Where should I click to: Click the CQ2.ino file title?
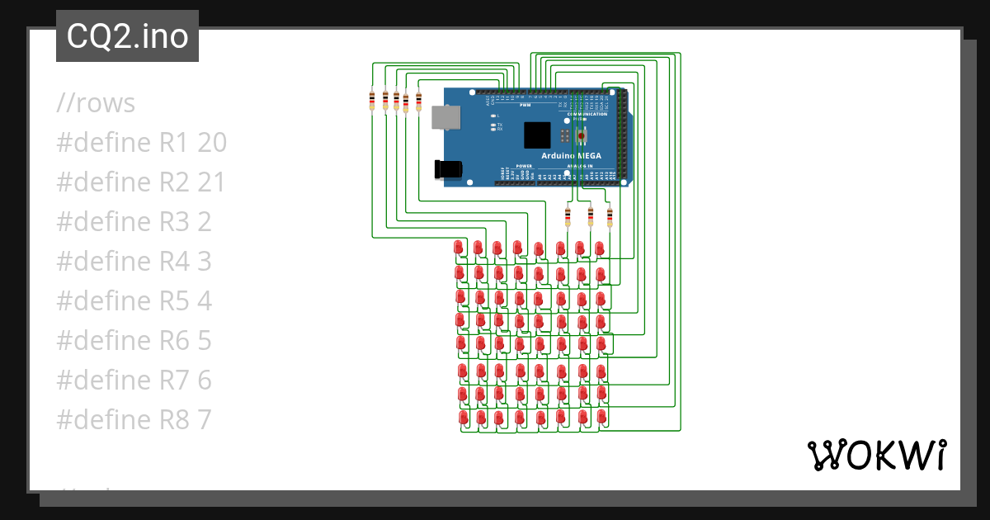[x=127, y=36]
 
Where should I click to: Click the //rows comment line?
[x=96, y=104]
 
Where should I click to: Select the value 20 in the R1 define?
[x=212, y=144]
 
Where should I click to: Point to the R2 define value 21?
[x=211, y=183]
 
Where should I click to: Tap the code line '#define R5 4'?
[x=134, y=302]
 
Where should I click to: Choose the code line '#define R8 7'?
[x=134, y=420]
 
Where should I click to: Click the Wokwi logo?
[x=875, y=455]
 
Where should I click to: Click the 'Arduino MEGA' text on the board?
[x=571, y=156]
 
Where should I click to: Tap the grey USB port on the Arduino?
[x=446, y=118]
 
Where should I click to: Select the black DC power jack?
[x=448, y=169]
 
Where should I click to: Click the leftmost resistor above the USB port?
[x=372, y=101]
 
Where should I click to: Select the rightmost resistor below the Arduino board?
[x=610, y=217]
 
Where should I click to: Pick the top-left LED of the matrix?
[x=459, y=248]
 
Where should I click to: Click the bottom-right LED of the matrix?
[x=601, y=417]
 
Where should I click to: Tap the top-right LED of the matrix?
[x=600, y=248]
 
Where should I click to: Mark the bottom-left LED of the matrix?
[x=462, y=418]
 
